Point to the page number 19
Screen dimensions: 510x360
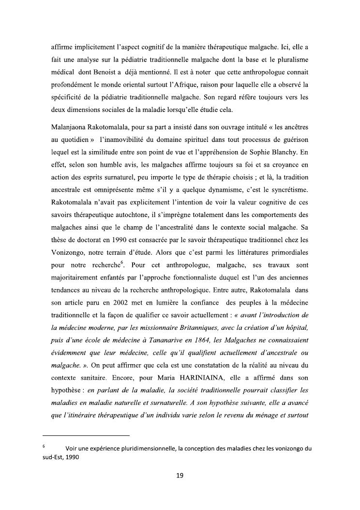(x=180, y=476)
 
